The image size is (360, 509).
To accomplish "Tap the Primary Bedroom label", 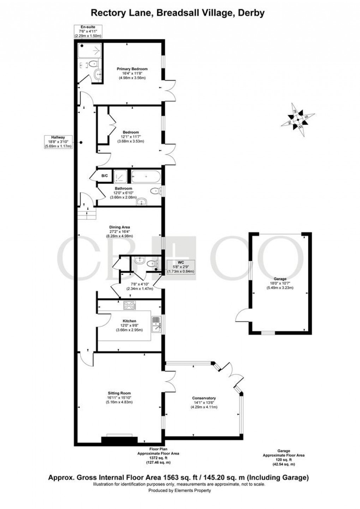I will click(132, 69).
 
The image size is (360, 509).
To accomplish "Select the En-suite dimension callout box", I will click(88, 31).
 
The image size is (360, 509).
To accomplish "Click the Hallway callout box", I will click(59, 142).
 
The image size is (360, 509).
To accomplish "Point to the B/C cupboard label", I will click(104, 175).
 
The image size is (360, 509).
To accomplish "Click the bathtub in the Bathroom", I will click(146, 177).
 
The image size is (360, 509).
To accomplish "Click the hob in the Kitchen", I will click(129, 305).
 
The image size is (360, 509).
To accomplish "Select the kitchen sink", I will click(156, 325).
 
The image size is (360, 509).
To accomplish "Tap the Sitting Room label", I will click(119, 393).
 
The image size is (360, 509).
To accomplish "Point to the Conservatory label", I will click(204, 398).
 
